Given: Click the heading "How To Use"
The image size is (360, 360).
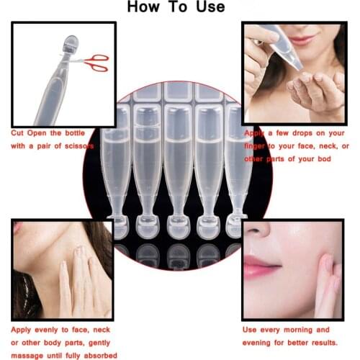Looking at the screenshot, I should click(x=176, y=8).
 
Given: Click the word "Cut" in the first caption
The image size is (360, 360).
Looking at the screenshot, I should click(x=20, y=134).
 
